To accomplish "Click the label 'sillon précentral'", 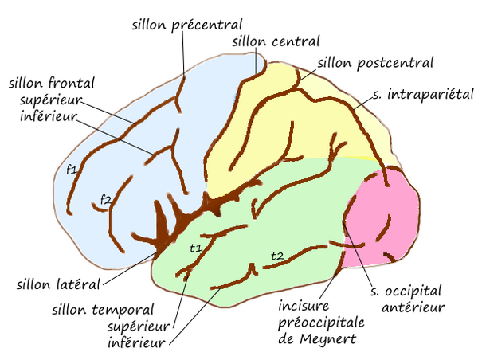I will [x=187, y=25].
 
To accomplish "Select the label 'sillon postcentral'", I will [x=375, y=62].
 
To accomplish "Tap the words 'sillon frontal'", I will [x=53, y=82].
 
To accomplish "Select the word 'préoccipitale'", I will [x=322, y=322].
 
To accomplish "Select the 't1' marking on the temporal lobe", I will [x=195, y=248].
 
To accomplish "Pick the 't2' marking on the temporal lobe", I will [x=276, y=255].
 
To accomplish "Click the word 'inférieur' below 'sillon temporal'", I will [x=136, y=344].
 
